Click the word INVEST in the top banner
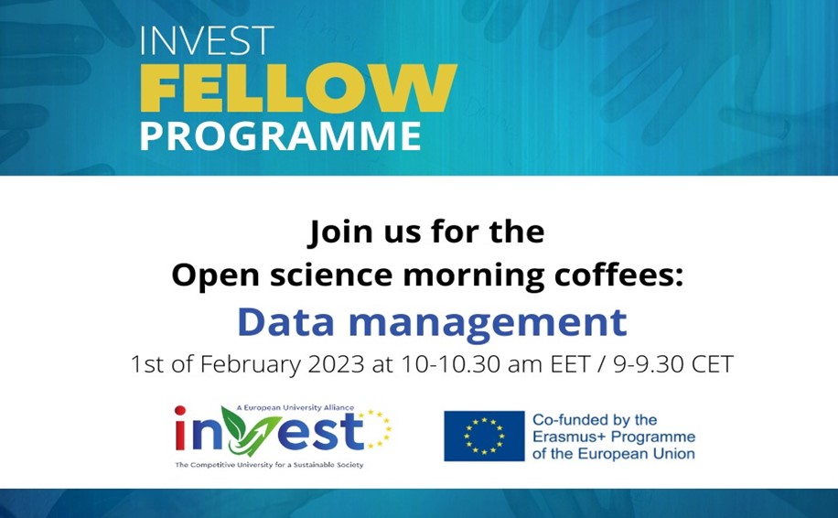pos(207,40)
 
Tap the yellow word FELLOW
pos(299,88)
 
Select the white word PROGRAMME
pos(281,135)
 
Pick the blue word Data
pos(286,322)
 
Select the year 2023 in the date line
pos(336,364)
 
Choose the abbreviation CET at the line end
pos(713,364)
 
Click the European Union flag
pos(484,436)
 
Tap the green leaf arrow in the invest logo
pos(250,430)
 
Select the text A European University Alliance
pos(295,407)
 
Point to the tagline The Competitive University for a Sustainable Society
pos(269,465)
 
